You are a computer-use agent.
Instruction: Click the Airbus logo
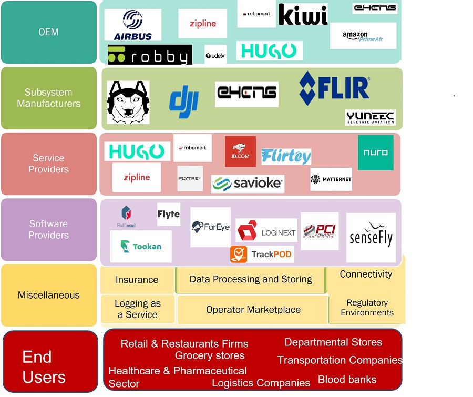[x=132, y=25]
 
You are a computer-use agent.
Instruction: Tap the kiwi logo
[x=303, y=15]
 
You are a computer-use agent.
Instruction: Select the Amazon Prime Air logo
[x=363, y=36]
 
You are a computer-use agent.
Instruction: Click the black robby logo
[x=150, y=55]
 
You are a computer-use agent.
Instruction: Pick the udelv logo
[x=215, y=55]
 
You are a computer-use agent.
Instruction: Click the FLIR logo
[x=334, y=88]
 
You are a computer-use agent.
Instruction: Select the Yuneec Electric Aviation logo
[x=370, y=117]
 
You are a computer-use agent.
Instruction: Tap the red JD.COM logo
[x=240, y=151]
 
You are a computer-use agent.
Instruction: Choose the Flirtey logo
[x=286, y=156]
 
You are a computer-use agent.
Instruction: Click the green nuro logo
[x=375, y=152]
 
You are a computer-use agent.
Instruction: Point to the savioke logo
[x=248, y=184]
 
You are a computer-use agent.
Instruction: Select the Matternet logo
[x=331, y=179]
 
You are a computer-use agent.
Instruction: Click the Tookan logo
[x=141, y=246]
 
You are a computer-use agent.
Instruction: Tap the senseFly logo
[x=371, y=238]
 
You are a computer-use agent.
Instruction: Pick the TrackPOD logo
[x=262, y=255]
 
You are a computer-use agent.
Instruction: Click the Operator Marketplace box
[x=253, y=310]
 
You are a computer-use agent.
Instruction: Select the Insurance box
[x=137, y=280]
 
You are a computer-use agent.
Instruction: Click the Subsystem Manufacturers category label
[x=49, y=98]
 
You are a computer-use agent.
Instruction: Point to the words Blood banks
[x=347, y=380]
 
